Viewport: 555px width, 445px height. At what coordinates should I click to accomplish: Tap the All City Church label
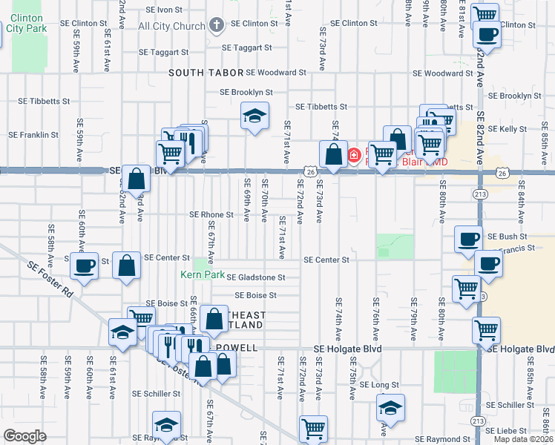pyautogui.click(x=171, y=26)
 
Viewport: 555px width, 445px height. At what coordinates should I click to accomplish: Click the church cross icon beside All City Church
pyautogui.click(x=217, y=26)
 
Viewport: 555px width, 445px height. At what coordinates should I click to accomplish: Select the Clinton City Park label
pyautogui.click(x=26, y=22)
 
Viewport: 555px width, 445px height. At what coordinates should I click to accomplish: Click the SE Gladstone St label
pyautogui.click(x=255, y=277)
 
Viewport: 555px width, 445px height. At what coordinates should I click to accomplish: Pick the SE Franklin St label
pyautogui.click(x=33, y=135)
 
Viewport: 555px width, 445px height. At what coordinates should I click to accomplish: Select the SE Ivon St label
pyautogui.click(x=164, y=10)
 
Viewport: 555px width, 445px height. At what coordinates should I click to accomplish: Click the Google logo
pyautogui.click(x=24, y=436)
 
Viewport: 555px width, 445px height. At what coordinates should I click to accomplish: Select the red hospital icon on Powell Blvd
pyautogui.click(x=354, y=155)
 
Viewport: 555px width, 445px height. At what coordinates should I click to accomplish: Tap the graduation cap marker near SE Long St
pyautogui.click(x=391, y=408)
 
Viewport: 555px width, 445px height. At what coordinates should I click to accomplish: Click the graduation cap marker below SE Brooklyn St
pyautogui.click(x=254, y=116)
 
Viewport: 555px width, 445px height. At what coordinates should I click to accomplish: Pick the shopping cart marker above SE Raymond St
pyautogui.click(x=314, y=428)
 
